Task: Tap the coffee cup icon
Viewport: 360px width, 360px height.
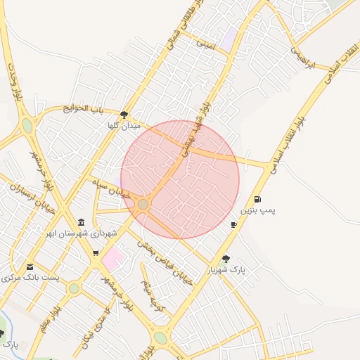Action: coord(233,224)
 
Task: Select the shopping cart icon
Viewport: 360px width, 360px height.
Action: coord(96,253)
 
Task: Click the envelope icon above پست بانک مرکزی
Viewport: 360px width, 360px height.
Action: coord(30,267)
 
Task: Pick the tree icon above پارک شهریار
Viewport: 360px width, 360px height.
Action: coord(226,259)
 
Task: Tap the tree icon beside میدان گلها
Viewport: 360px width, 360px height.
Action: coord(124,115)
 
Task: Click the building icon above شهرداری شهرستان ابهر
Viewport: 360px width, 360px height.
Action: coord(80,223)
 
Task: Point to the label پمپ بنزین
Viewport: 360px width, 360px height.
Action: coord(259,210)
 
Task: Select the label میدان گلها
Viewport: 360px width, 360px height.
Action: coord(124,125)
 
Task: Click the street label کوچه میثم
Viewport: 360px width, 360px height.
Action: coord(152,295)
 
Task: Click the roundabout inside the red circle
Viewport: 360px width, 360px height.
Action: coord(143,204)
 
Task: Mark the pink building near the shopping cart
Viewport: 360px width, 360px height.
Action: coord(112,259)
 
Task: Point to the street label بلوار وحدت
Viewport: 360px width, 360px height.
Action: coord(13,81)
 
